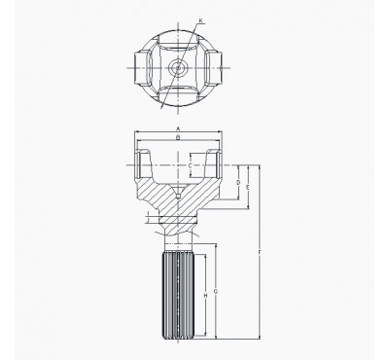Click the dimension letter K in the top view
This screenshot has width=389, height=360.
[x=200, y=20]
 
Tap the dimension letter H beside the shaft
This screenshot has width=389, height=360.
[x=204, y=295]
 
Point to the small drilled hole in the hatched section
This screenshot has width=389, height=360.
[x=180, y=198]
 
